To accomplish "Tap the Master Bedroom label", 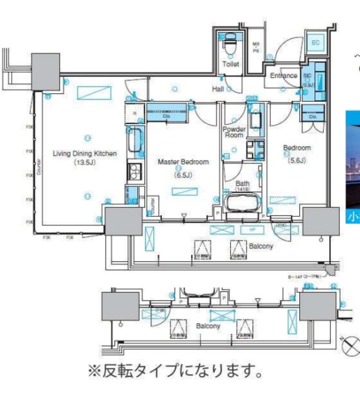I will click(183, 161).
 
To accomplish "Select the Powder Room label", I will click(234, 133).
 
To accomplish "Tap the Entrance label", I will click(284, 76).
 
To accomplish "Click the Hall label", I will click(217, 89).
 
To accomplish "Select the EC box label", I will click(316, 42).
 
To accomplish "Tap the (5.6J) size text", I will click(296, 157).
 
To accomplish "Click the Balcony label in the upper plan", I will click(265, 246).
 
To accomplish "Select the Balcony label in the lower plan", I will click(208, 326).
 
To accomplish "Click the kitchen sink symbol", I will click(135, 142).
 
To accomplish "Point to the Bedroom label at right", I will click(297, 148).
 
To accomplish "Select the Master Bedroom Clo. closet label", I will click(166, 115).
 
